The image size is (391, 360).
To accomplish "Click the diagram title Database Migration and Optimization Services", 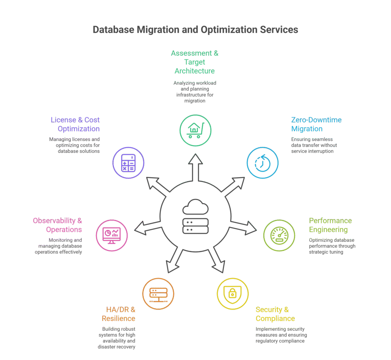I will (195, 30).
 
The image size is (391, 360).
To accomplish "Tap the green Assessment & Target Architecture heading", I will (195, 62).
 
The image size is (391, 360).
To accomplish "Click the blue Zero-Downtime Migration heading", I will (316, 124).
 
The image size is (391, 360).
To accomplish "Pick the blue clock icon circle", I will (262, 163).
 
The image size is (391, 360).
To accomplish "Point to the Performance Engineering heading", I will (330, 225).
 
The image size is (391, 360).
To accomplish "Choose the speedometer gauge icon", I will (279, 235).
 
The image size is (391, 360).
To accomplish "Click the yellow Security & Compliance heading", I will (275, 314).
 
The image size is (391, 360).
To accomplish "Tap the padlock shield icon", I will (233, 294).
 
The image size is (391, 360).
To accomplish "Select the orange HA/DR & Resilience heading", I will (118, 314).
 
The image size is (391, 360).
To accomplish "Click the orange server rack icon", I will (158, 294).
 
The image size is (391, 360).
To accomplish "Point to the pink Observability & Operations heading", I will (57, 225).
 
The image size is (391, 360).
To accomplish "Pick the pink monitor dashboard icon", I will (112, 235).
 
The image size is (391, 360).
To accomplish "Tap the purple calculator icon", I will (128, 163).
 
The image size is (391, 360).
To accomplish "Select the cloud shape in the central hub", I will (195, 208).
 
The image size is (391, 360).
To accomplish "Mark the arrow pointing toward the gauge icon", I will (246, 226).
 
